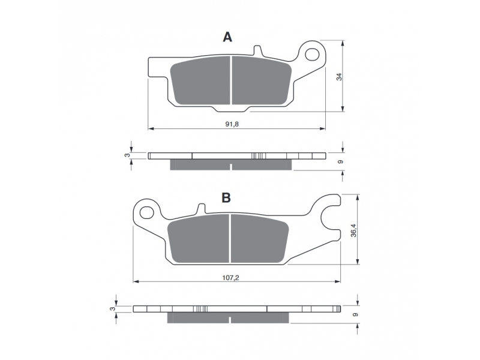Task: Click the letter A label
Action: click(x=227, y=37)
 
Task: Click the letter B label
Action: click(x=226, y=198)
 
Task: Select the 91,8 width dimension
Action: click(x=232, y=124)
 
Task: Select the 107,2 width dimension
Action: click(x=230, y=278)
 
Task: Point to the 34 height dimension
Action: click(x=339, y=77)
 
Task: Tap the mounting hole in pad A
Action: click(x=311, y=54)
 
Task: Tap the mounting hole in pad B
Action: click(x=147, y=212)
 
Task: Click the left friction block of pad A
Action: click(x=200, y=80)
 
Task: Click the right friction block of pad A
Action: click(x=262, y=80)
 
